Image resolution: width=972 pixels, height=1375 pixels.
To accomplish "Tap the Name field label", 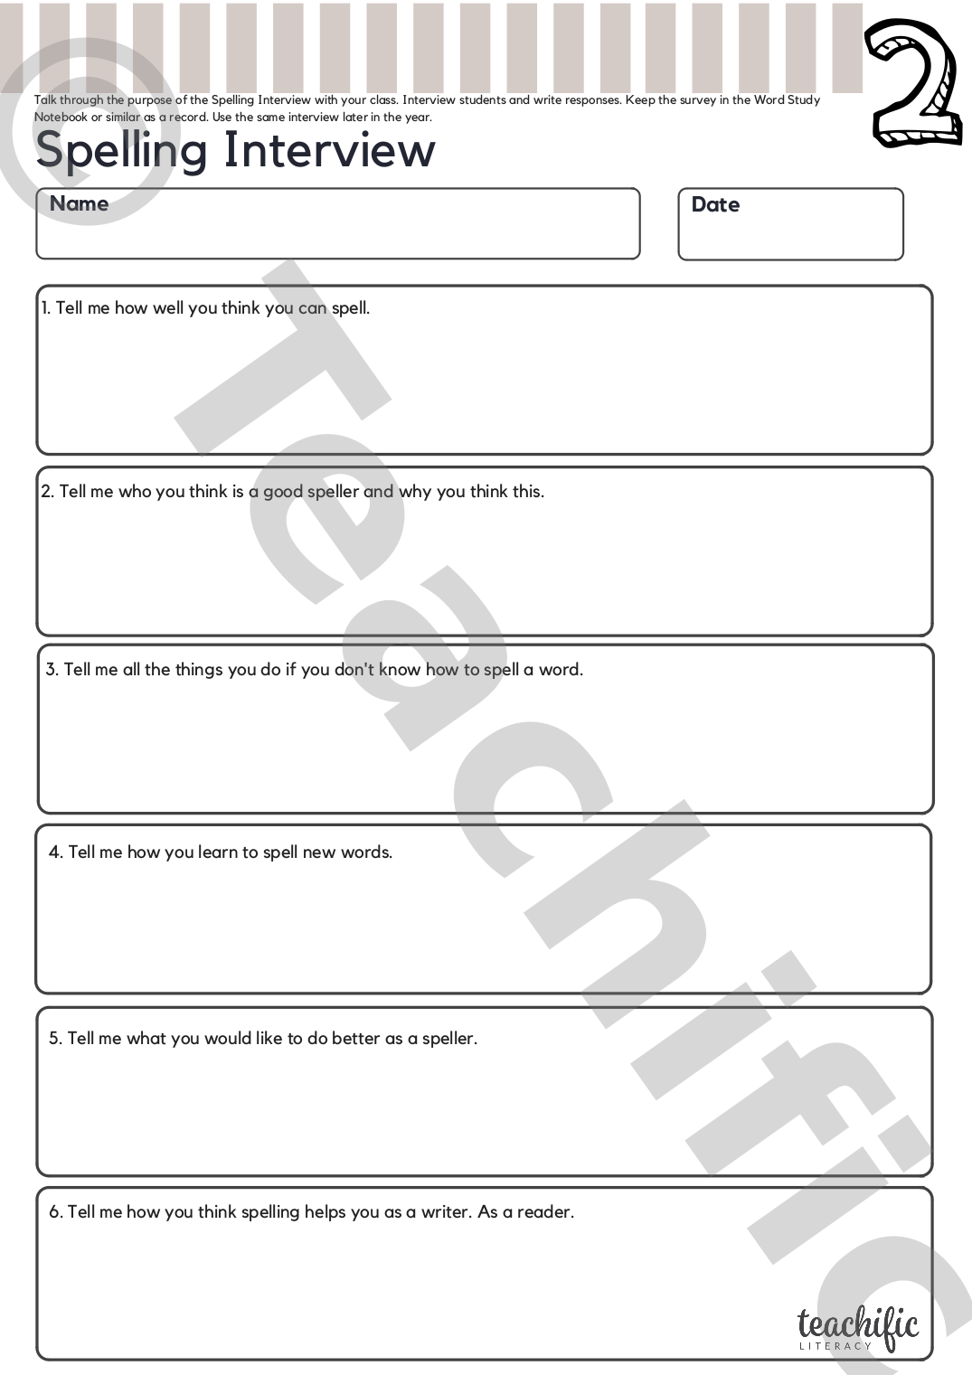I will pos(79,204).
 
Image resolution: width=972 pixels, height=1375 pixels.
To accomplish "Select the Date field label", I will pos(715,205).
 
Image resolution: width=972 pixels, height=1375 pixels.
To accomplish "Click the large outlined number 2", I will pos(914,82).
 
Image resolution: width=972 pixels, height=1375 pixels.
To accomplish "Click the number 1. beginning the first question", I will pos(45,308).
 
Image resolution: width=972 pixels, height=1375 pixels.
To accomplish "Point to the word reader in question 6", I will pos(544,1212).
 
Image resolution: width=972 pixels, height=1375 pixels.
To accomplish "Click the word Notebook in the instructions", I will pos(61,118).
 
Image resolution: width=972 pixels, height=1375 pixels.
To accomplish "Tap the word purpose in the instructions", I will pos(149,100).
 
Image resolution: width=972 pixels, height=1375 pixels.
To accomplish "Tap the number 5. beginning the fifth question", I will pos(55,1039).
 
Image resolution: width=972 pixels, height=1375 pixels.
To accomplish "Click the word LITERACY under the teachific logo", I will pos(835,1346).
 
